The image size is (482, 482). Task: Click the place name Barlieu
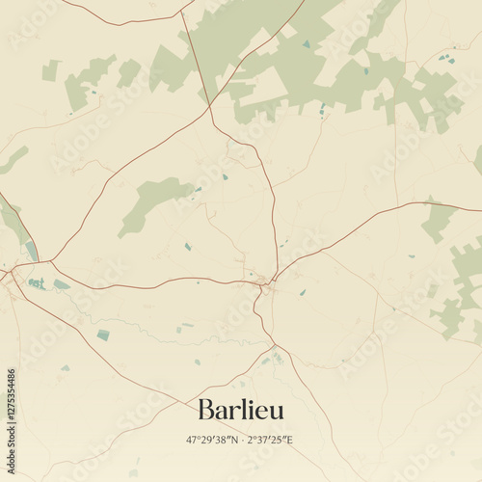[241, 410]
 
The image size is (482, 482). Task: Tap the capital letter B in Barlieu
[205, 410]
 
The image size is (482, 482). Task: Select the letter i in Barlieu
[243, 409]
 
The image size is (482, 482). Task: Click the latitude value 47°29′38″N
[212, 440]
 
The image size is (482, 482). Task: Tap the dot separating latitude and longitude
[241, 440]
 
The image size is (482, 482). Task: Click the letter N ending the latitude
[233, 440]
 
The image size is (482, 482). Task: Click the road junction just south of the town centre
[275, 345]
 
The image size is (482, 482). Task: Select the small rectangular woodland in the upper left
[50, 70]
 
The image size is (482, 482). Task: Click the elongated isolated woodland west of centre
[154, 202]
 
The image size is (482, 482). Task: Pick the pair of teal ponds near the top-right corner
[446, 60]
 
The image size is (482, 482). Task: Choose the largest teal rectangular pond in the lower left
[103, 335]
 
